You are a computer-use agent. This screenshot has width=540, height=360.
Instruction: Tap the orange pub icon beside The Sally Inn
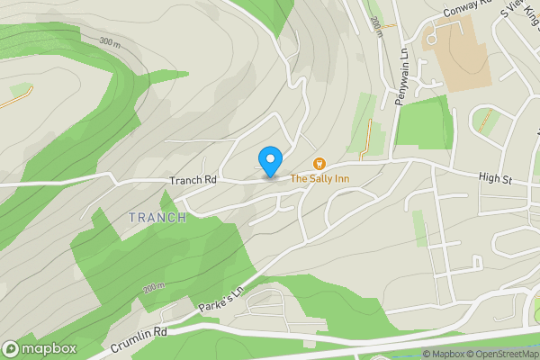pyautogui.click(x=319, y=163)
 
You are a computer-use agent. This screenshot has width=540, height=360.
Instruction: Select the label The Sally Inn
pyautogui.click(x=319, y=179)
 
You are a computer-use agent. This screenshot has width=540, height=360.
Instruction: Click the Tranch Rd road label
pyautogui.click(x=193, y=180)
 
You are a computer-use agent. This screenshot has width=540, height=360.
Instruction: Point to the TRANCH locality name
pyautogui.click(x=157, y=218)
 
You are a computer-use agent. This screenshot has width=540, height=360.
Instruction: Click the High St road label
pyautogui.click(x=495, y=180)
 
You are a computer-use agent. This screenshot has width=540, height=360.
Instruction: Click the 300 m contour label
pyautogui.click(x=109, y=43)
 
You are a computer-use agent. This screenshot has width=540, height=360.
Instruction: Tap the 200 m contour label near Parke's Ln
pyautogui.click(x=154, y=288)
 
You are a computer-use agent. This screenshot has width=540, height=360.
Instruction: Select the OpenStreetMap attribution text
pyautogui.click(x=499, y=354)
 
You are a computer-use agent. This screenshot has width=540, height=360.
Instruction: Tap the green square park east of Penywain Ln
pyautogui.click(x=423, y=121)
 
